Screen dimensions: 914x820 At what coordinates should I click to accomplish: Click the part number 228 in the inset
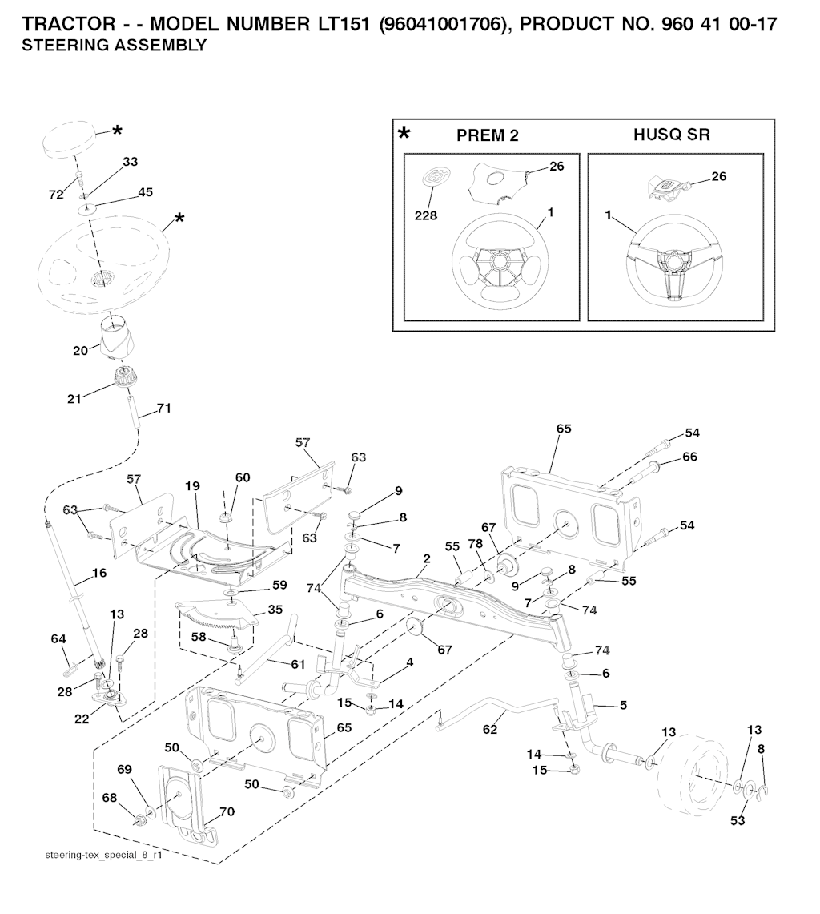[x=426, y=215]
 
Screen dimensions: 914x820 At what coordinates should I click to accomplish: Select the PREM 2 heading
[x=487, y=135]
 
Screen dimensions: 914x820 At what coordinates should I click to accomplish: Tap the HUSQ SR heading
[x=671, y=135]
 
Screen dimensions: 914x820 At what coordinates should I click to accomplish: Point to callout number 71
[x=163, y=408]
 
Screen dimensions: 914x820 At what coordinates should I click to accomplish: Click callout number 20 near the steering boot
[x=81, y=351]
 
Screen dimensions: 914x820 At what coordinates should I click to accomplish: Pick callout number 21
[x=74, y=398]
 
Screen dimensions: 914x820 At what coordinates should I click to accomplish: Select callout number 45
[x=146, y=192]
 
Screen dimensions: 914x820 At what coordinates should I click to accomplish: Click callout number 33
[x=130, y=162]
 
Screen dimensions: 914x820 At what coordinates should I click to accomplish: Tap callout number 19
[x=192, y=486]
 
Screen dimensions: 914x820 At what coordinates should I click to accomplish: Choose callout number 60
[x=242, y=477]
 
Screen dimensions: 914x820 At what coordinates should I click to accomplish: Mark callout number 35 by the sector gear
[x=275, y=609]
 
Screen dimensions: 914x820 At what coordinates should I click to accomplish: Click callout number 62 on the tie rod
[x=490, y=729]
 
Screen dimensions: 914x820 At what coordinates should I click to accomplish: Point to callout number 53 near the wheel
[x=736, y=820]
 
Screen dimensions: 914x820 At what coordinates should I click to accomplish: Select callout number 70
[x=227, y=811]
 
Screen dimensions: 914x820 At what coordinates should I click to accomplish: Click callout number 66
[x=689, y=457]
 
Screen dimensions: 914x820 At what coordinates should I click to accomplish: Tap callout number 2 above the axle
[x=427, y=558]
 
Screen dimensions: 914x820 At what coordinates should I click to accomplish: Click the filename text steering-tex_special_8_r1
[x=104, y=856]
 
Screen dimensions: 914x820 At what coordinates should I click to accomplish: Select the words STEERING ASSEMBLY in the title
[x=114, y=46]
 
